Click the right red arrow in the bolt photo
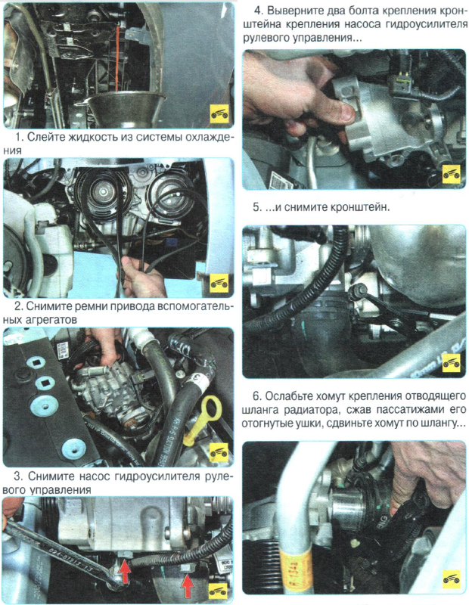coord(187,585)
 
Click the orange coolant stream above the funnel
coord(117,58)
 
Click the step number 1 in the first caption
coord(17,138)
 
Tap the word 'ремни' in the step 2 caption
coord(85,308)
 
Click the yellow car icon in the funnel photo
coord(219,114)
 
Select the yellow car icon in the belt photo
coord(219,284)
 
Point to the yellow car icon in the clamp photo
coord(451,580)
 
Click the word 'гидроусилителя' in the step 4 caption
coord(426,25)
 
